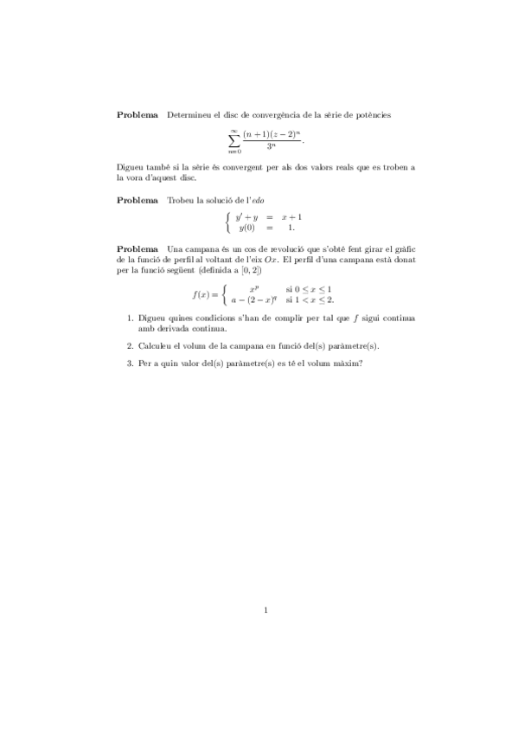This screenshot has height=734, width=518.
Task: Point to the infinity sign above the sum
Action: tap(233, 128)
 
